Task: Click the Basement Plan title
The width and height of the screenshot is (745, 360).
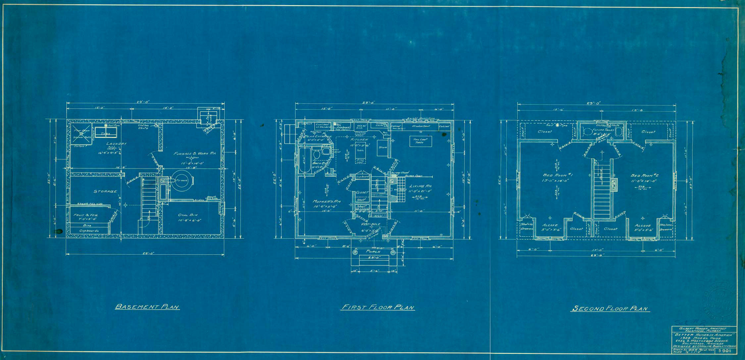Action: (x=147, y=307)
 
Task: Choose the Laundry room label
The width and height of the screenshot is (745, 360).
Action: (x=117, y=144)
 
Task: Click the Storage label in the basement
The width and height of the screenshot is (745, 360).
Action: (x=105, y=191)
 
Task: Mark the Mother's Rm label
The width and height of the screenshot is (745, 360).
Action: (x=327, y=201)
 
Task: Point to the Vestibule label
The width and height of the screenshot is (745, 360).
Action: (x=371, y=224)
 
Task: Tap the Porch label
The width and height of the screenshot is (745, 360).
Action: (x=373, y=252)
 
